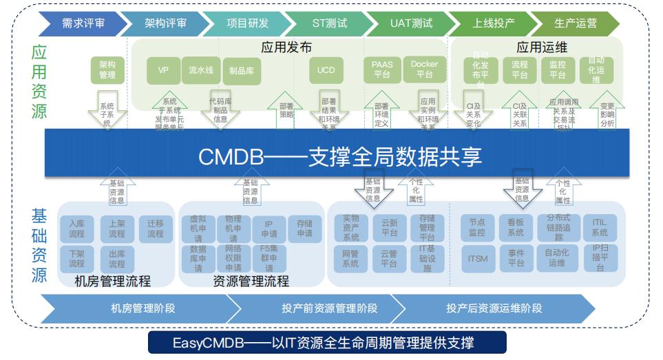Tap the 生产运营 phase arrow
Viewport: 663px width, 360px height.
[576, 23]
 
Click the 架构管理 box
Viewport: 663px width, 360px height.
[107, 70]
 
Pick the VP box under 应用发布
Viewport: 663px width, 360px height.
[163, 70]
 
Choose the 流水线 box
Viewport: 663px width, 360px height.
[201, 70]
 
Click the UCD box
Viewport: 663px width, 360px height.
[326, 70]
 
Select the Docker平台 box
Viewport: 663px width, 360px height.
[424, 70]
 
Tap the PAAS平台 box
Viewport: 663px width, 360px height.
[382, 70]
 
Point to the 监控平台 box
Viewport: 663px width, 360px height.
[558, 70]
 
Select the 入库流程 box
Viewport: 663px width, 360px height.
[76, 229]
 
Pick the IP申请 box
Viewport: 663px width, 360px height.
[269, 229]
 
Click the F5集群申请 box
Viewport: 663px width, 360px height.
[269, 258]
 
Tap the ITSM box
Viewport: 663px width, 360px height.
[478, 258]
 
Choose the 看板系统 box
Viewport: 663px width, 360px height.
[516, 229]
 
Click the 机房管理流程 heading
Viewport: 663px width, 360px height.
[112, 281]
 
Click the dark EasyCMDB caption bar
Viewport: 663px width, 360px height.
[327, 342]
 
